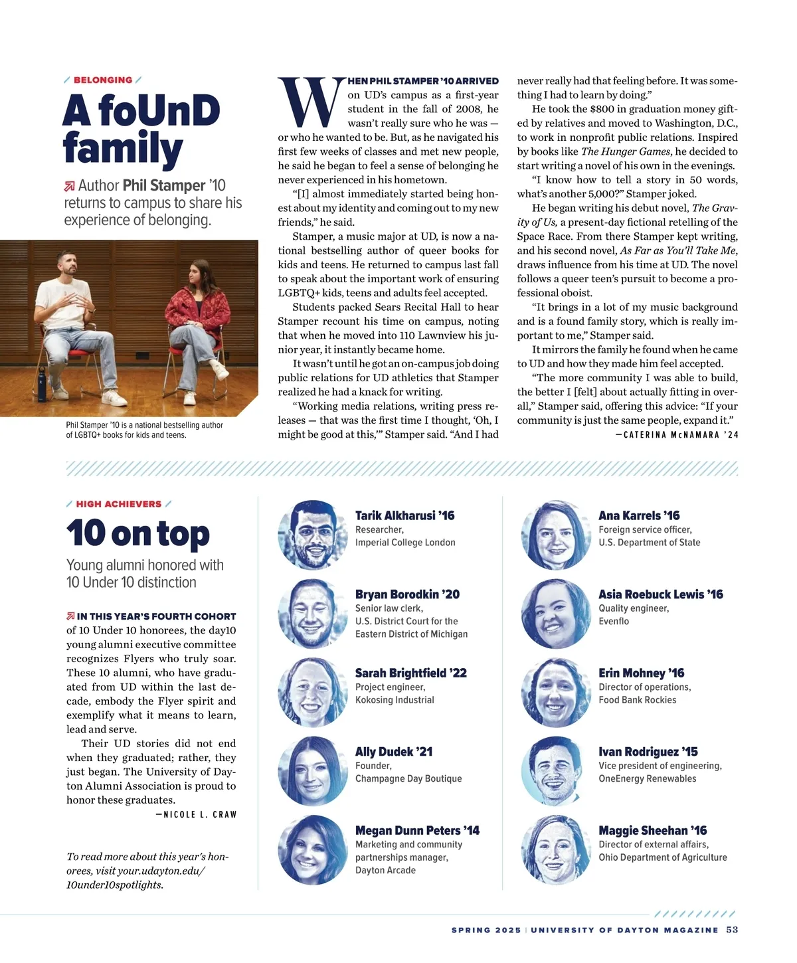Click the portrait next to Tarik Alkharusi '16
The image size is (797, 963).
pos(312,535)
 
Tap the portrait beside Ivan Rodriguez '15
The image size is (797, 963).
pos(555,770)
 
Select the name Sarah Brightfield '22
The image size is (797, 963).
pos(410,673)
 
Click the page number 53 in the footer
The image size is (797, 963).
pos(732,930)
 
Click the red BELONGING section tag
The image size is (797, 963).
pos(103,80)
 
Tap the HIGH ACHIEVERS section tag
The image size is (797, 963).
pos(118,504)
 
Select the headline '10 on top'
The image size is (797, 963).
pos(138,533)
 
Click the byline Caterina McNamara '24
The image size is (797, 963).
pos(677,435)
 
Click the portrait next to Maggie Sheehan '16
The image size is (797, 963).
pos(555,849)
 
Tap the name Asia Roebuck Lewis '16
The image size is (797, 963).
pos(660,594)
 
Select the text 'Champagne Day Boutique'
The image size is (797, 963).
pos(408,778)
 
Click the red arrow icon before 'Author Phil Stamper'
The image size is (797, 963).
pos(70,187)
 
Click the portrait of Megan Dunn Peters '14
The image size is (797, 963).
pos(312,849)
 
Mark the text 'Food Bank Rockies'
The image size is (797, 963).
pos(637,700)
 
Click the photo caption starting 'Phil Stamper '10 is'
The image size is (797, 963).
pos(144,430)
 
